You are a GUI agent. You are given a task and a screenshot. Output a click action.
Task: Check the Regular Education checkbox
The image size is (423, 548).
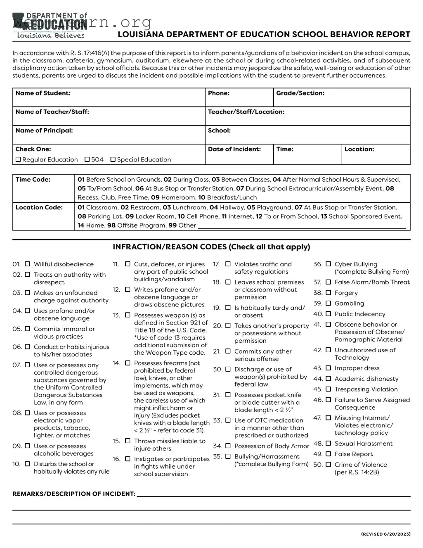click(18, 159)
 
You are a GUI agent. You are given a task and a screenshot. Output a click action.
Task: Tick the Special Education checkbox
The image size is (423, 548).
click(113, 159)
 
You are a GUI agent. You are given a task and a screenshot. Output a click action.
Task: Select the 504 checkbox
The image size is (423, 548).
click(87, 159)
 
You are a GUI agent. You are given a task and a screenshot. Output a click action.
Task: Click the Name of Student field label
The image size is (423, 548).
click(43, 93)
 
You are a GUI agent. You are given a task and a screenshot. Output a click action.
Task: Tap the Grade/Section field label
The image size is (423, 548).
click(300, 93)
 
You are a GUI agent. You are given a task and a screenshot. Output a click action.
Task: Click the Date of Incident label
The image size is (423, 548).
click(234, 149)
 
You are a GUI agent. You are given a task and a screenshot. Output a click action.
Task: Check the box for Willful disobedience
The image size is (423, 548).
click(27, 264)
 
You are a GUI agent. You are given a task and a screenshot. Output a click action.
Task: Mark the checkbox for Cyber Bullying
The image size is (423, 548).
click(328, 264)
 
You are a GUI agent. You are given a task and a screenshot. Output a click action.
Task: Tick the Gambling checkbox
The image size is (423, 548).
click(328, 303)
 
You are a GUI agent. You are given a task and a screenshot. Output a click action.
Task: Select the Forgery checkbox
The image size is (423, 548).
click(328, 293)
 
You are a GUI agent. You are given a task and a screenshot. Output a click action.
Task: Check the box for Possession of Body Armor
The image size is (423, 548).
click(228, 446)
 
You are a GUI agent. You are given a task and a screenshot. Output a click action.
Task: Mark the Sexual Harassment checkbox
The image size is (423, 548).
click(328, 444)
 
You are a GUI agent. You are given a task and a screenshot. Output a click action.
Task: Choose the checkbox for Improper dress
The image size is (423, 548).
click(328, 368)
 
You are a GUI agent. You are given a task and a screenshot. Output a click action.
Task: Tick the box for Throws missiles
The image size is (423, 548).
click(128, 441)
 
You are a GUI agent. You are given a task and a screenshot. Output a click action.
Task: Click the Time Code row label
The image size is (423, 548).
click(33, 180)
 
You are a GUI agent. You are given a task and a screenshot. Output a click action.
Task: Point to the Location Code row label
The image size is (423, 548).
click(39, 207)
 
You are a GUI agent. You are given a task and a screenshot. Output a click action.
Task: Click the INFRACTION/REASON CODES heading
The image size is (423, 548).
click(211, 247)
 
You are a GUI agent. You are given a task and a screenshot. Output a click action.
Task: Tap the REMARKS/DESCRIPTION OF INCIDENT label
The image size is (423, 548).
click(74, 494)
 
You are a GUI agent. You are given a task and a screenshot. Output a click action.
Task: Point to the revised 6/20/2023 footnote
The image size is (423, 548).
click(385, 534)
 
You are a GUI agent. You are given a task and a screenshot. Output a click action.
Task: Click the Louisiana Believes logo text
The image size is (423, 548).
click(50, 36)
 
